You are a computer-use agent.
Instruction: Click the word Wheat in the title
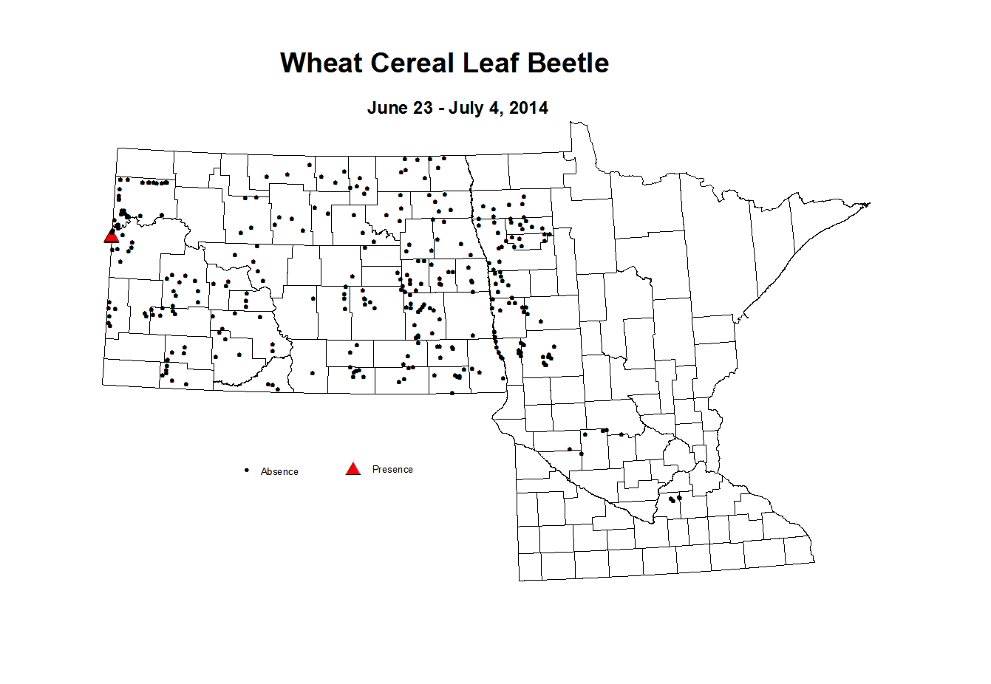(321, 64)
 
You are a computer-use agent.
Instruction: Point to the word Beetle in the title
(568, 64)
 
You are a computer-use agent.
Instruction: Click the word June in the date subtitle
(388, 109)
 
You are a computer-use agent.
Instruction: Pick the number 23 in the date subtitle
(423, 109)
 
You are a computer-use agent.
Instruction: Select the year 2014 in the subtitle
(528, 109)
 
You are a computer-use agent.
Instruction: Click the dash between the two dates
(441, 109)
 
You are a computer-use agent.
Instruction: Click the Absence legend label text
(279, 472)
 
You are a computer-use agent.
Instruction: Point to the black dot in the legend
(246, 470)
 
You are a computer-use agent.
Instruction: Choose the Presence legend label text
(392, 470)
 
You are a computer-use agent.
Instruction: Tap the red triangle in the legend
(353, 469)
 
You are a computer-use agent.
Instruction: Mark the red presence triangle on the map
(112, 236)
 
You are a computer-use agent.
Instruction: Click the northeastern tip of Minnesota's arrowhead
(869, 204)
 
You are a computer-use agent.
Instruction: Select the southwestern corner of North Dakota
(103, 384)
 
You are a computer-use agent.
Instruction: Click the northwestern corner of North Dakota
(117, 148)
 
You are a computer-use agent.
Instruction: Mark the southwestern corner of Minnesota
(520, 580)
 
